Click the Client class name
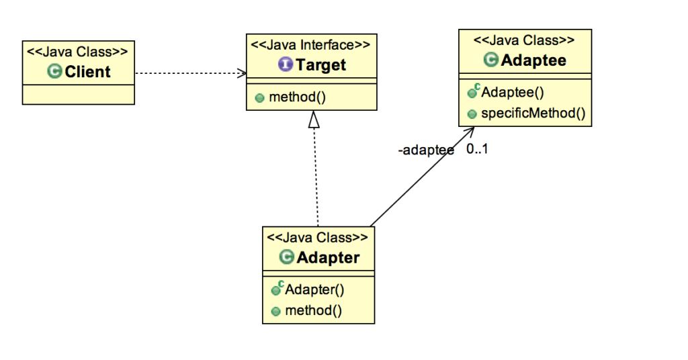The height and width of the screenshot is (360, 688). coord(87,72)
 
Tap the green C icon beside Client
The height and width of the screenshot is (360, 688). coord(55,72)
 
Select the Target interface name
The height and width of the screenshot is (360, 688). coord(320,65)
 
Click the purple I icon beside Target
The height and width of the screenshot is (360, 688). coord(285,65)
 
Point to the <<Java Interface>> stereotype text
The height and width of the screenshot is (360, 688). coord(310,46)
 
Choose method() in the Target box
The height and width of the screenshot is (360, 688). coord(297,97)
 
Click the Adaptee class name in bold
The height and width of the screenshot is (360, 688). coord(534,60)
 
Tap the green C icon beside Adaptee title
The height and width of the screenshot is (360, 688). coord(491,60)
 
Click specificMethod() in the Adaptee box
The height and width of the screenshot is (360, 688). coord(533,113)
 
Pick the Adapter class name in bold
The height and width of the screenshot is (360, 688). coord(328,257)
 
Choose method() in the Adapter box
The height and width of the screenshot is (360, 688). coord(313,310)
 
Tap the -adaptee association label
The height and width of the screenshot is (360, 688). coord(425,150)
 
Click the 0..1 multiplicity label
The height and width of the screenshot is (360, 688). coord(477,149)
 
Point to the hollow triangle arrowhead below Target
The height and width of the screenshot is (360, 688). coord(314,120)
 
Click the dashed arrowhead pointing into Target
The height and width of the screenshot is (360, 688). coord(241,73)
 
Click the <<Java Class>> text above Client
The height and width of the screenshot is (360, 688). coord(77,51)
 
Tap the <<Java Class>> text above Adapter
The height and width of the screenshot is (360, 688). coord(318,238)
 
